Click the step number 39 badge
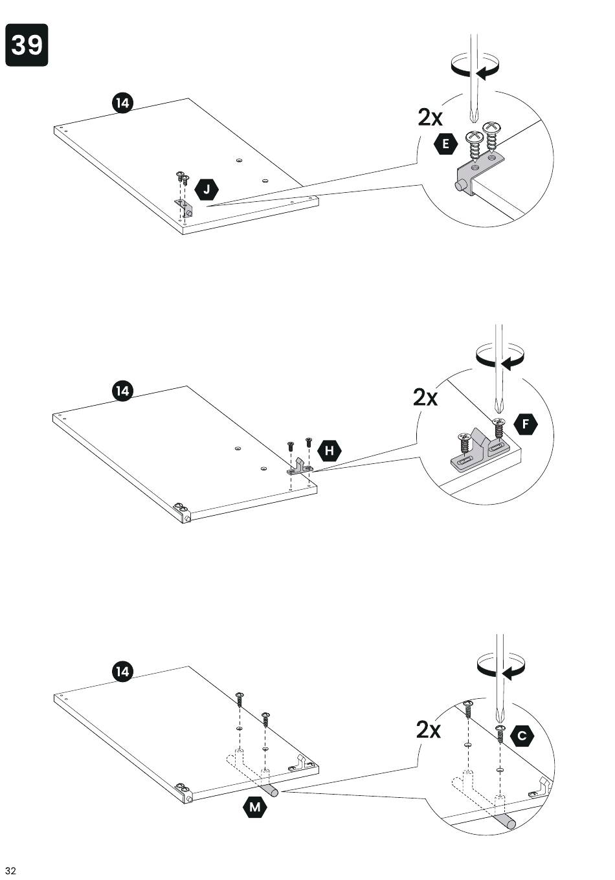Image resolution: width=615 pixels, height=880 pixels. [x=27, y=45]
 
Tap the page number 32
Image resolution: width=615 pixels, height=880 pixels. [x=10, y=870]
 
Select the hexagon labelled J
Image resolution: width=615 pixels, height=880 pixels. [x=207, y=190]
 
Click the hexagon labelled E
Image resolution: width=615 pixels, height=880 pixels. [x=445, y=144]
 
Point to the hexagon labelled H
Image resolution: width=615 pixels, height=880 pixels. [x=330, y=450]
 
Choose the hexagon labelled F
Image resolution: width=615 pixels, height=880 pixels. [x=526, y=424]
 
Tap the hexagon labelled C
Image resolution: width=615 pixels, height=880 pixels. [x=522, y=736]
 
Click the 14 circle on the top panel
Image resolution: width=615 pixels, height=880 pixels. [x=122, y=104]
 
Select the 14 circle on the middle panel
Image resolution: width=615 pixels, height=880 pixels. [x=122, y=391]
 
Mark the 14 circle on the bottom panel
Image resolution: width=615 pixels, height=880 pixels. [x=122, y=672]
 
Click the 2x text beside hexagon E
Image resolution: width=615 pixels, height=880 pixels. [x=430, y=118]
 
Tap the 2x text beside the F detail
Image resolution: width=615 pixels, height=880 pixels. [x=425, y=397]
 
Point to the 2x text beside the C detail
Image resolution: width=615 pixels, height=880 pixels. [x=429, y=730]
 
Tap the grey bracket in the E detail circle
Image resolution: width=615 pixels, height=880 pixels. [x=478, y=173]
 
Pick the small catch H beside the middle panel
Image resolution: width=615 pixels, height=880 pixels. [x=300, y=467]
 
